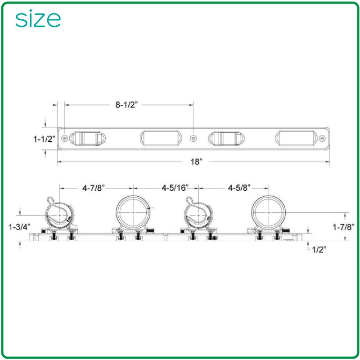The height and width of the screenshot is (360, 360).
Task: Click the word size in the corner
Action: click(38, 19)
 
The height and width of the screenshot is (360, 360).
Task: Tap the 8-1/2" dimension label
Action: click(126, 105)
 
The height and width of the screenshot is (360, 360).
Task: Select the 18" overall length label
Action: click(196, 162)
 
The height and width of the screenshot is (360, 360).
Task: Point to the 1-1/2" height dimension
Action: click(45, 139)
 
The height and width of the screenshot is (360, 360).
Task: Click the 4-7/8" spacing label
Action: click(94, 188)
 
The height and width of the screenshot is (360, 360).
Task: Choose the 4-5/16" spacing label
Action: click(175, 188)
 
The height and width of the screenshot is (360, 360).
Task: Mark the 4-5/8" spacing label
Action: click(239, 188)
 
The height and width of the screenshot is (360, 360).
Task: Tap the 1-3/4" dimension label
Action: click(19, 227)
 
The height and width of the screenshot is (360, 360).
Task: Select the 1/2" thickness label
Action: click(319, 250)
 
